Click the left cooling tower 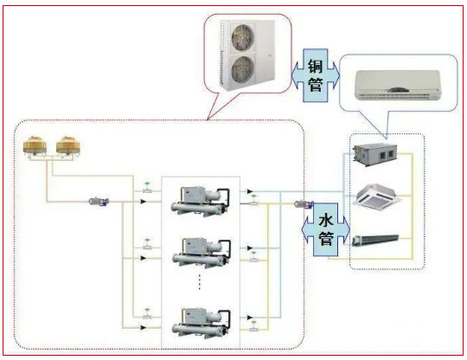pyautogui.click(x=35, y=145)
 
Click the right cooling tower pyautogui.click(x=68, y=145)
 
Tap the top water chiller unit pyautogui.click(x=200, y=201)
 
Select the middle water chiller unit pyautogui.click(x=202, y=253)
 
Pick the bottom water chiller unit pyautogui.click(x=202, y=324)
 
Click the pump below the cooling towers pyautogui.click(x=99, y=202)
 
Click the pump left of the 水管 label pyautogui.click(x=304, y=204)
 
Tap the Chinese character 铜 pyautogui.click(x=316, y=66)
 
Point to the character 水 pyautogui.click(x=326, y=220)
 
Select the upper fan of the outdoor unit pyautogui.click(x=243, y=37)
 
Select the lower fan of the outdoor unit pyautogui.click(x=243, y=69)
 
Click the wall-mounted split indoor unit pyautogui.click(x=398, y=85)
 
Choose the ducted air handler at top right pyautogui.click(x=375, y=154)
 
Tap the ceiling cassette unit pyautogui.click(x=377, y=195)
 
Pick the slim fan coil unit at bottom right pyautogui.click(x=375, y=241)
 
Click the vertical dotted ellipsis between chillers pyautogui.click(x=200, y=281)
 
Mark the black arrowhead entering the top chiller pyautogui.click(x=144, y=202)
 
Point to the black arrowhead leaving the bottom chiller pyautogui.click(x=250, y=318)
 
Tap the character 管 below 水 pyautogui.click(x=326, y=238)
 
